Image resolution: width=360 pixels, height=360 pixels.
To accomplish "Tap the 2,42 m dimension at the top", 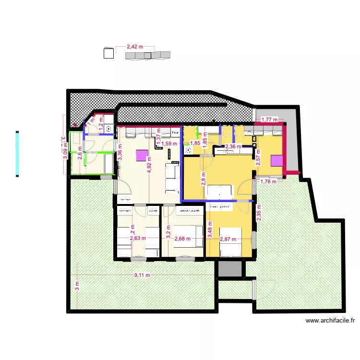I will pyautogui.click(x=135, y=47).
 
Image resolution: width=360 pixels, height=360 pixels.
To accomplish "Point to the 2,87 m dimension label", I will pyautogui.click(x=228, y=239).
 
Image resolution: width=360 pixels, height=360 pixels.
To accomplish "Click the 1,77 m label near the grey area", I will pyautogui.click(x=269, y=120).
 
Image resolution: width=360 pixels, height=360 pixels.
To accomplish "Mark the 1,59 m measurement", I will pyautogui.click(x=169, y=143).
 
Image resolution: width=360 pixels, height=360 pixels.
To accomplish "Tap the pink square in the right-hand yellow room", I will pyautogui.click(x=276, y=160).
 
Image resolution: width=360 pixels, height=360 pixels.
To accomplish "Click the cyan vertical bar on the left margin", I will pyautogui.click(x=17, y=154).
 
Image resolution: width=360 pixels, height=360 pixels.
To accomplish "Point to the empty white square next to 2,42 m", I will pyautogui.click(x=108, y=53).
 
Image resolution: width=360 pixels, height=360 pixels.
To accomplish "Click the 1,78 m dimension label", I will pyautogui.click(x=269, y=181).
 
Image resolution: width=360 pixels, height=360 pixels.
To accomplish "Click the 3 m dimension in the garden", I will pyautogui.click(x=76, y=287).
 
